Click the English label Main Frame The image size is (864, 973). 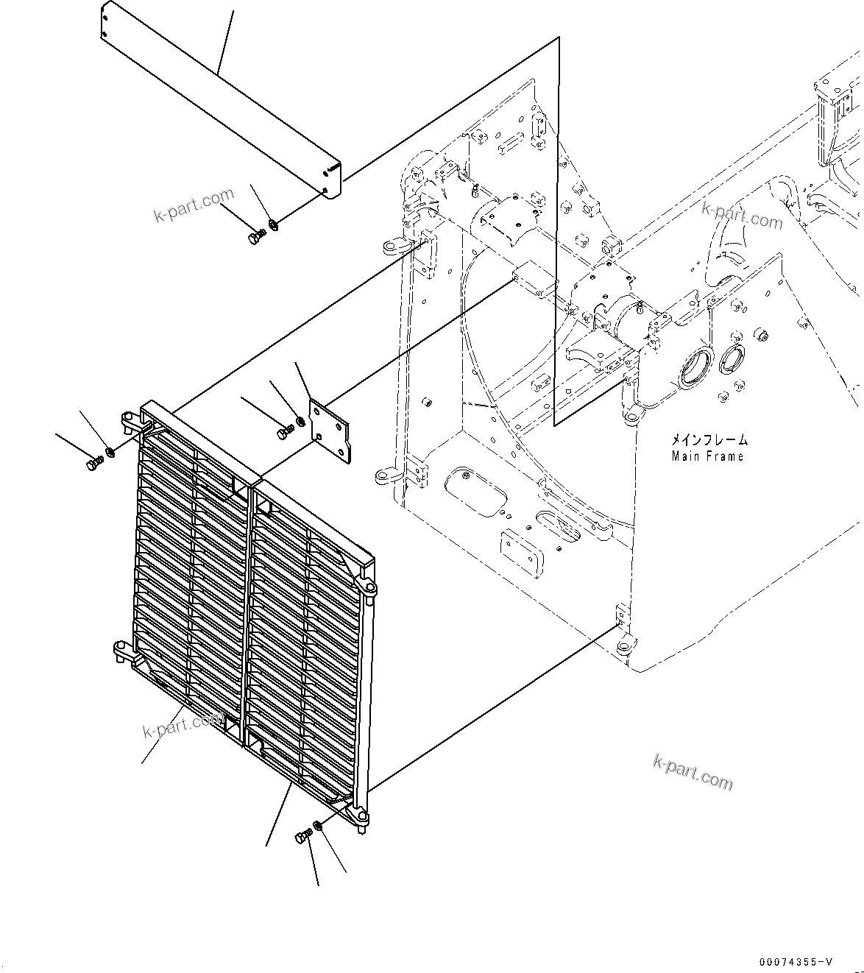pos(707,456)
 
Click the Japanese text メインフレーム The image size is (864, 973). pos(708,440)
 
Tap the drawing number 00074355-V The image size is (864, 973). pos(797,962)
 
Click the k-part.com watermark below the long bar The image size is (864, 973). pos(193,205)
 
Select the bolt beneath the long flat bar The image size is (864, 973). pos(255,238)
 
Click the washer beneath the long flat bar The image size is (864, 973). pos(273,224)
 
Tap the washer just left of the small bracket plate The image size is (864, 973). pos(300,423)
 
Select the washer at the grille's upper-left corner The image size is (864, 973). pos(110,451)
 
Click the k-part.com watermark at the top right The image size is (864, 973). pos(741,216)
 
